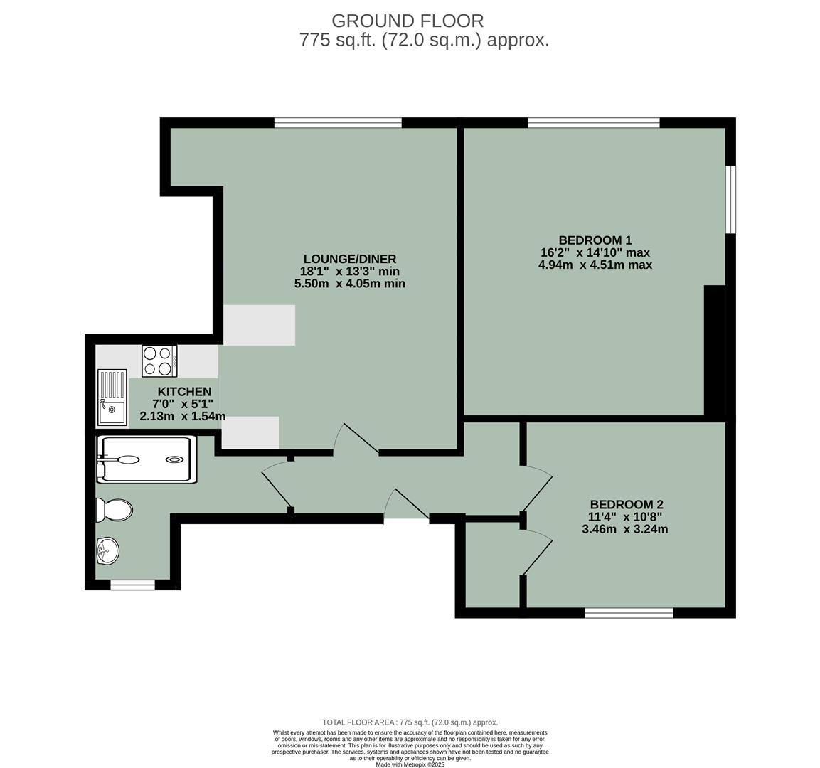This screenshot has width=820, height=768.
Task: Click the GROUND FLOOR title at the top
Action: click(408, 21)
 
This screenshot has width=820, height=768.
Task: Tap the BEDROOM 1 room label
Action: click(595, 240)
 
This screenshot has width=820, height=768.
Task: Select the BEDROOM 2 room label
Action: click(626, 505)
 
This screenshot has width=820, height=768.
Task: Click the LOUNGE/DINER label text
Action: click(349, 259)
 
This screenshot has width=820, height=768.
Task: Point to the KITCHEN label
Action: click(184, 392)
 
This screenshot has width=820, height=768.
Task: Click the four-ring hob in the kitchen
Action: click(159, 360)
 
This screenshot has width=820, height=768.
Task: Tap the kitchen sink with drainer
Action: click(112, 398)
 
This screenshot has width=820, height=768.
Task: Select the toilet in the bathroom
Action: click(115, 509)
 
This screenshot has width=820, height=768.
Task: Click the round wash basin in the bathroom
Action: click(107, 550)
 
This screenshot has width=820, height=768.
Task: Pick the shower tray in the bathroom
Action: click(146, 459)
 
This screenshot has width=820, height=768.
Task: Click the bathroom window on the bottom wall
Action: click(132, 585)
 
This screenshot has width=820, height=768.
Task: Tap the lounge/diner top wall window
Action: click(338, 123)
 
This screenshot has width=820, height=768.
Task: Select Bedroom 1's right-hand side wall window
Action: click(730, 199)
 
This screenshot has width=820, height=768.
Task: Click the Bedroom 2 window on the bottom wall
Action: click(629, 613)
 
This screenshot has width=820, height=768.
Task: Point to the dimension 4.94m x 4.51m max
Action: click(595, 265)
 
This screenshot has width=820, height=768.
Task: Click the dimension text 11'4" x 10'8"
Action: click(626, 517)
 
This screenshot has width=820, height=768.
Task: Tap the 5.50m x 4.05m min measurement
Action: click(349, 284)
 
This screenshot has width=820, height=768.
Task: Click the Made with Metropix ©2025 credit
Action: click(410, 764)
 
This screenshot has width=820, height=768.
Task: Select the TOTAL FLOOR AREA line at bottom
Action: click(410, 722)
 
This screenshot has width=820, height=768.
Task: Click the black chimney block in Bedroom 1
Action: click(714, 350)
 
